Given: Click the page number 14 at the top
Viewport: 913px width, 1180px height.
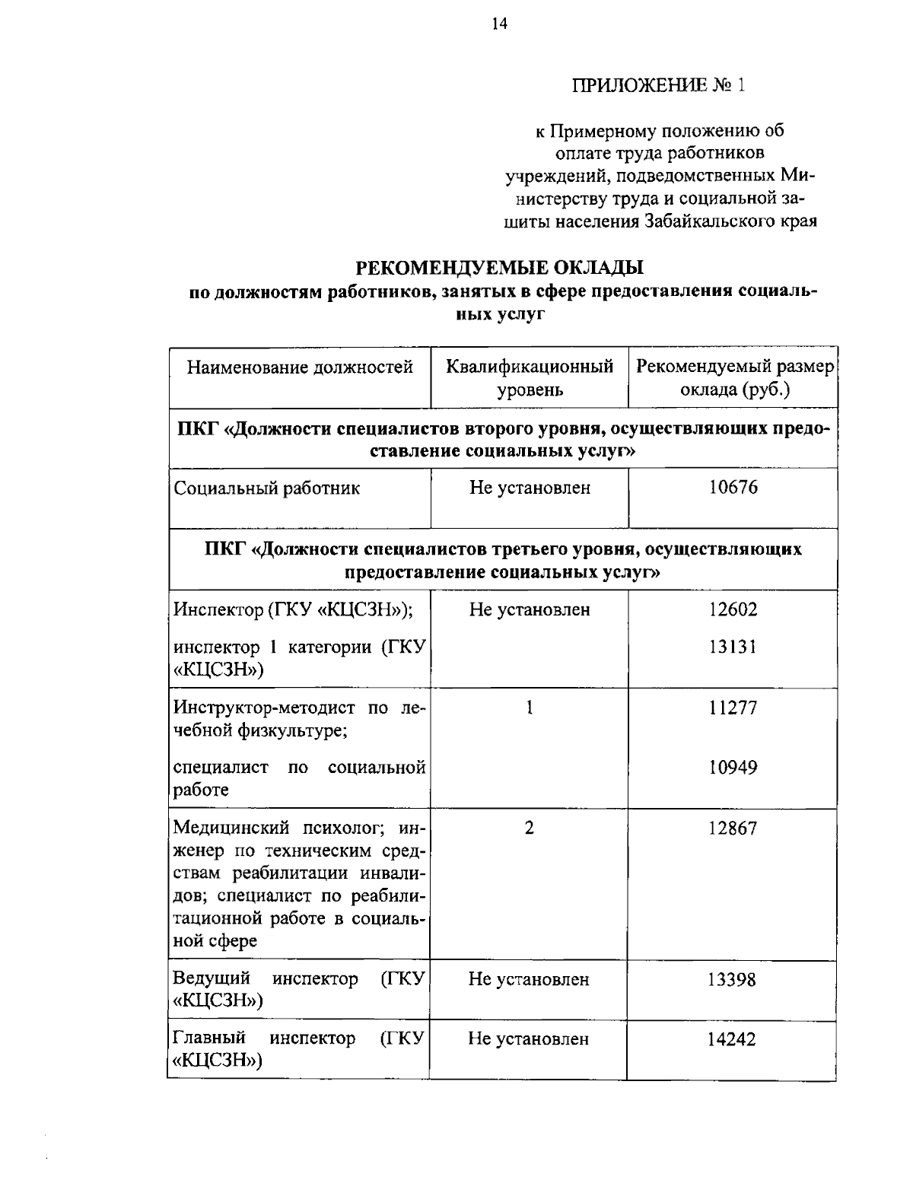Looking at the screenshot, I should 499,24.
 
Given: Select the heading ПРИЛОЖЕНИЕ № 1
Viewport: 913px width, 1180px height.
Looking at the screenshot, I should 659,85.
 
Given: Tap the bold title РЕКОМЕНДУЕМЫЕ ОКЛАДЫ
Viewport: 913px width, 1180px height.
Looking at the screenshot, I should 500,268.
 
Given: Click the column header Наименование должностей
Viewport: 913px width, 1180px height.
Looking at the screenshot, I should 300,368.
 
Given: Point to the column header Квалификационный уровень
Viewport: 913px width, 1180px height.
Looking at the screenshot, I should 530,378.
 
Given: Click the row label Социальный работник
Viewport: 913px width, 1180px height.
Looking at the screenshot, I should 267,488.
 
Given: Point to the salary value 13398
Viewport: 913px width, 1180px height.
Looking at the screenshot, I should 733,980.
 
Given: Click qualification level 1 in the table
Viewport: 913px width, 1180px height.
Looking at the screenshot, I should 530,708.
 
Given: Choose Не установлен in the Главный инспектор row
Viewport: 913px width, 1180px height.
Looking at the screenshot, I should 529,1039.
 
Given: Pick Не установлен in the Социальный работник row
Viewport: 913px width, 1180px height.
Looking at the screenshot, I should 530,488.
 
